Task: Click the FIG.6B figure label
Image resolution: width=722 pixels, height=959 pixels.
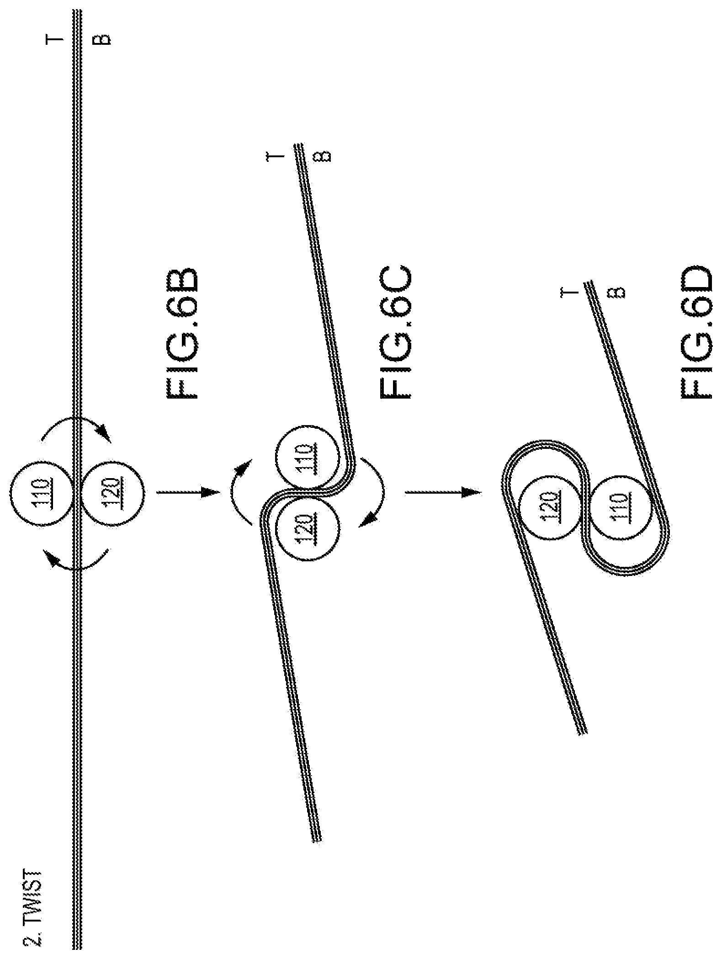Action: [x=182, y=333]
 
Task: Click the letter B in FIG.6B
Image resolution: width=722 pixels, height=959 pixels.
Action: [x=105, y=40]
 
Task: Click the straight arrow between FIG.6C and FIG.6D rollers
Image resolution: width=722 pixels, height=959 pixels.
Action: [x=443, y=493]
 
